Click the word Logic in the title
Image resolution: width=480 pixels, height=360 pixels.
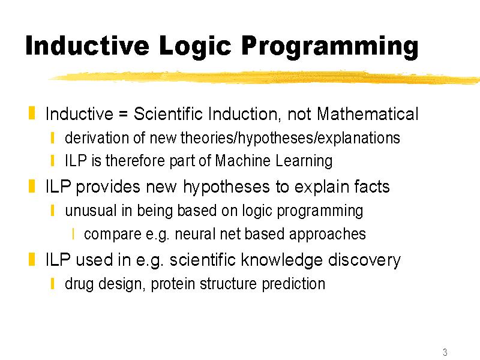[195, 47]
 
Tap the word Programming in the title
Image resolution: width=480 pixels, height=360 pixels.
[330, 47]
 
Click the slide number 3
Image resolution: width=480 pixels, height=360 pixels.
[445, 352]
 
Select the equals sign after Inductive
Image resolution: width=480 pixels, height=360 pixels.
[123, 115]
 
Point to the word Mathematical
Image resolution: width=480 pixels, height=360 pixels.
[367, 114]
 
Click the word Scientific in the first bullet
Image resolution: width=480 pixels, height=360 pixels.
[168, 114]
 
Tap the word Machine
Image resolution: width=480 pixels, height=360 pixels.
[243, 160]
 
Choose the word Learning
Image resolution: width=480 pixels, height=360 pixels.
[304, 161]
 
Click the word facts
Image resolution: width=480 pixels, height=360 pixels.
[372, 187]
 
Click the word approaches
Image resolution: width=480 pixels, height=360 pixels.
[327, 235]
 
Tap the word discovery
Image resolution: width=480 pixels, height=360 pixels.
[364, 260]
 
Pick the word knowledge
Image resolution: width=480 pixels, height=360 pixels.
[281, 260]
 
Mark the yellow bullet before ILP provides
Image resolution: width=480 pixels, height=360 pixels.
[32, 186]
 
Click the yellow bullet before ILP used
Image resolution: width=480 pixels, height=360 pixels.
[32, 259]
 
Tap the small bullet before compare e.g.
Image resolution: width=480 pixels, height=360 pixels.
[73, 234]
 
